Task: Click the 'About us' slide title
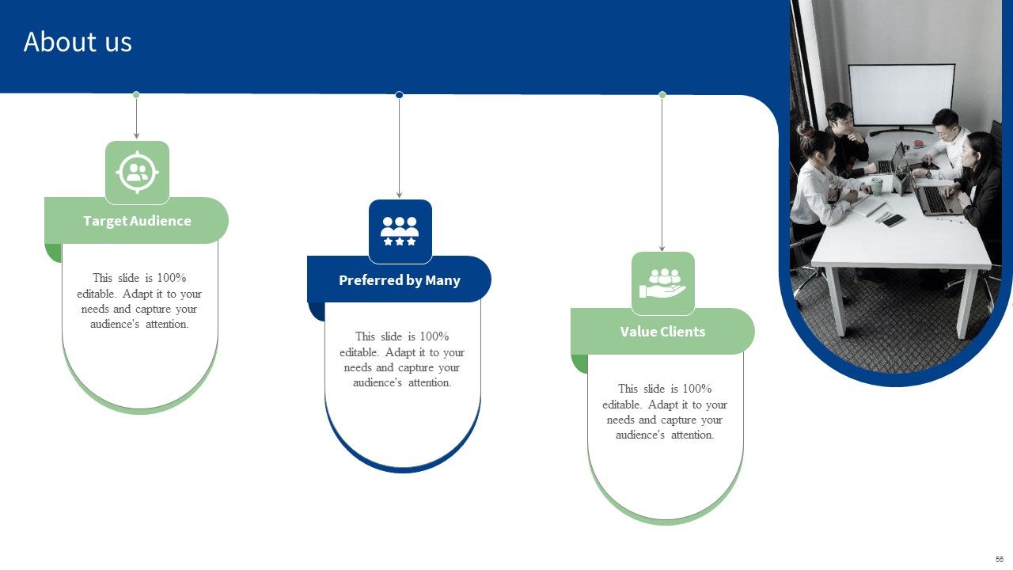point(78,42)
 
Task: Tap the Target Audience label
point(137,221)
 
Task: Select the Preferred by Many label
point(400,280)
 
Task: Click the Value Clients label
point(662,332)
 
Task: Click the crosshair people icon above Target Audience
point(137,173)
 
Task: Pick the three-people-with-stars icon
point(400,231)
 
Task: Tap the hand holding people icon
point(662,283)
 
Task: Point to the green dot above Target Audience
point(136,94)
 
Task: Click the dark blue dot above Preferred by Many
point(399,94)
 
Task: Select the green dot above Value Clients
point(662,94)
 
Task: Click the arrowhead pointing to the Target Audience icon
point(136,135)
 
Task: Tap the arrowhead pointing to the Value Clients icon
point(662,248)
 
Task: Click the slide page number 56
point(999,559)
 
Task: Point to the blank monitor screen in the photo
point(901,96)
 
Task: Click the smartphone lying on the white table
point(893,221)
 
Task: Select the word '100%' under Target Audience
point(172,278)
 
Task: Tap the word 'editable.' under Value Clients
point(622,405)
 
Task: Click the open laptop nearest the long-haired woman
point(935,199)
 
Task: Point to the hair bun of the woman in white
point(806,130)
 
